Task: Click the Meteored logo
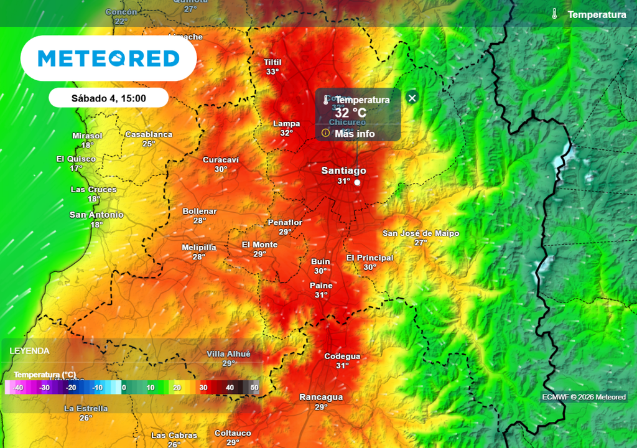pyautogui.click(x=109, y=58)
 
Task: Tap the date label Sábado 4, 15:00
pyautogui.click(x=109, y=98)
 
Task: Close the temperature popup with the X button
pyautogui.click(x=412, y=98)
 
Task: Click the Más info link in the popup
pyautogui.click(x=355, y=133)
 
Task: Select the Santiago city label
pyautogui.click(x=343, y=170)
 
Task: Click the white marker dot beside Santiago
pyautogui.click(x=357, y=182)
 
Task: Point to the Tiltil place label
pyautogui.click(x=272, y=62)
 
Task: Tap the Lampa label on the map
pyautogui.click(x=286, y=124)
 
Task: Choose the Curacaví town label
pyautogui.click(x=221, y=160)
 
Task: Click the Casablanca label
pyautogui.click(x=149, y=134)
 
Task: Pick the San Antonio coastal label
pyautogui.click(x=96, y=215)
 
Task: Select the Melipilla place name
pyautogui.click(x=198, y=247)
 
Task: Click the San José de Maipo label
pyautogui.click(x=421, y=233)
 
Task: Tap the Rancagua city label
pyautogui.click(x=321, y=397)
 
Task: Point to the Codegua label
pyautogui.click(x=342, y=357)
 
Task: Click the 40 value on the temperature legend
pyautogui.click(x=230, y=388)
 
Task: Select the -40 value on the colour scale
pyautogui.click(x=19, y=388)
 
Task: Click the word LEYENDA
pyautogui.click(x=29, y=351)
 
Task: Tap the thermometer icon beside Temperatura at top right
pyautogui.click(x=555, y=14)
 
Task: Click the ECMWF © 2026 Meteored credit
pyautogui.click(x=584, y=397)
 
